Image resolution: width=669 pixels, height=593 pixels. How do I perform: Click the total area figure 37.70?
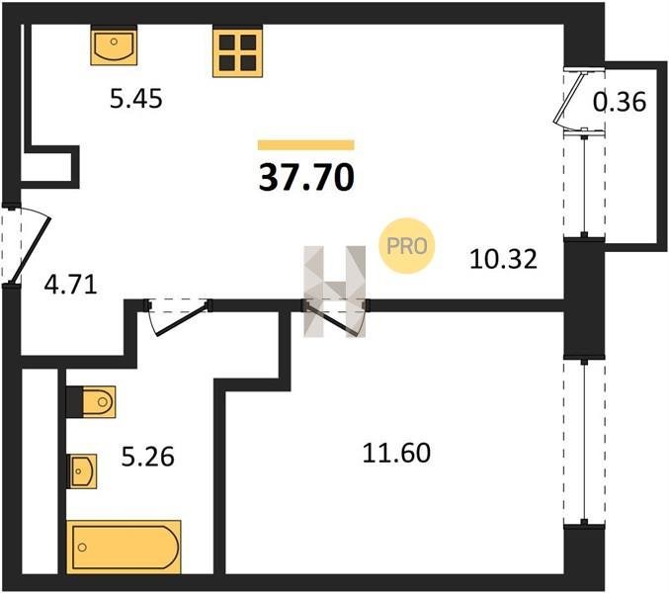tap(306, 178)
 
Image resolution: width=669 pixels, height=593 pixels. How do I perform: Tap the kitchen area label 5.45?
tap(136, 99)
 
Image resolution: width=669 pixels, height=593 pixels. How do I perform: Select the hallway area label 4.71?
tap(71, 285)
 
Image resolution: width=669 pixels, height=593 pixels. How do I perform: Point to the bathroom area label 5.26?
tap(147, 457)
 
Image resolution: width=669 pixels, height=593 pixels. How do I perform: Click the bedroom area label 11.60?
tap(396, 453)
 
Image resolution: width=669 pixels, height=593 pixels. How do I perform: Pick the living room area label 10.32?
tap(503, 259)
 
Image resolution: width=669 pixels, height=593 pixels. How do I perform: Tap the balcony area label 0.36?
tap(620, 102)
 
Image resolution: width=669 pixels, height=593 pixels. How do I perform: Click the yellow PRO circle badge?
tap(406, 246)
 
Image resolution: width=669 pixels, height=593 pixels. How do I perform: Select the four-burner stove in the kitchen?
tap(237, 51)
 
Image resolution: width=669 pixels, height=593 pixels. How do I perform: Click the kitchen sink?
tap(114, 44)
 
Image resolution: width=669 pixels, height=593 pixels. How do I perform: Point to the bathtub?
tap(124, 548)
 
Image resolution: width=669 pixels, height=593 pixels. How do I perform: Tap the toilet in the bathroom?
tap(91, 402)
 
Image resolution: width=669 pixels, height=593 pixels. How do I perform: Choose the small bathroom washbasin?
tap(82, 471)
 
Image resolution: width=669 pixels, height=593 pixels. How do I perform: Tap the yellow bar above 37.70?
tap(306, 145)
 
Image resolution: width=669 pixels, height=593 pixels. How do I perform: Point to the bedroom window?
tap(584, 442)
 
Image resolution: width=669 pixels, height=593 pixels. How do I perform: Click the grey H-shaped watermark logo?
tap(334, 292)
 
